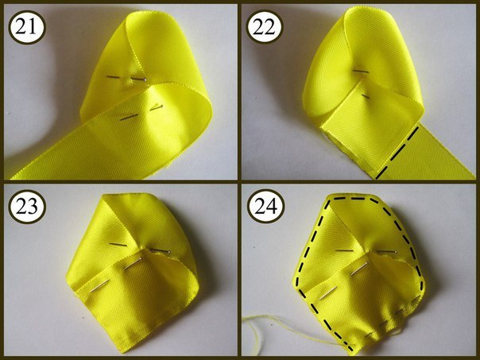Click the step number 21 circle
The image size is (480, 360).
pos(27,27)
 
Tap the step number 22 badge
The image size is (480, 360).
pos(265,27)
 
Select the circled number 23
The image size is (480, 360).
pos(27,206)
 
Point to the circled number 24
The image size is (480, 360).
pos(265,206)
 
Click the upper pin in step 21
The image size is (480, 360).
pos(126,78)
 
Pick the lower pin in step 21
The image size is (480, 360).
pos(141,112)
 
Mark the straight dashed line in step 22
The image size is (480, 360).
pos(397,153)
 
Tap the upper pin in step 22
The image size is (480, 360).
pos(361,71)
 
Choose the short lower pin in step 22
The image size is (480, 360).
pos(366,96)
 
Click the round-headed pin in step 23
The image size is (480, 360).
pos(160,250)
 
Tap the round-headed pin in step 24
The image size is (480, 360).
pos(387,251)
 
